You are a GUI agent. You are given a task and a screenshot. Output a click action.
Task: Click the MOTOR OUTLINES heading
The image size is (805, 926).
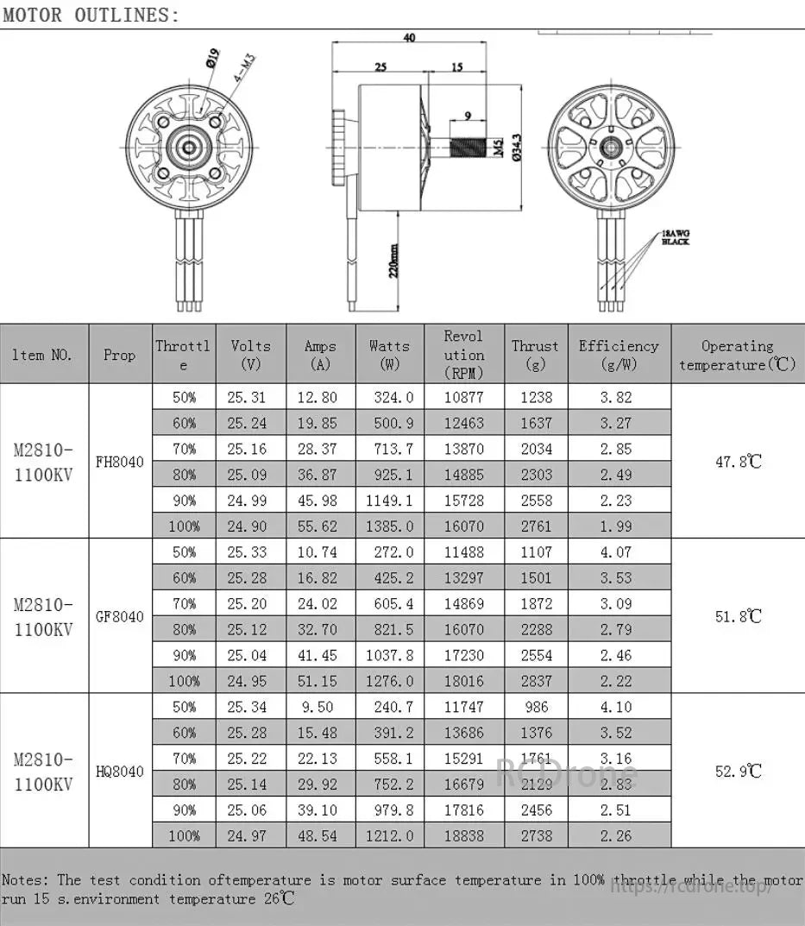pyautogui.click(x=91, y=15)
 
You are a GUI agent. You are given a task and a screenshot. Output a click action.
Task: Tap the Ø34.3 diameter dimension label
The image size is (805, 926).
pyautogui.click(x=515, y=148)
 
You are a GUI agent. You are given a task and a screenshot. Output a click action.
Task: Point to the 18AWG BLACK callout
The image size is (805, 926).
pyautogui.click(x=676, y=238)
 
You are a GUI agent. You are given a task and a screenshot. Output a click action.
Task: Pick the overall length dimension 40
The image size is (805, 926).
pyautogui.click(x=409, y=38)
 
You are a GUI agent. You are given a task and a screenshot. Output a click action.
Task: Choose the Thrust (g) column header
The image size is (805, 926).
pyautogui.click(x=535, y=354)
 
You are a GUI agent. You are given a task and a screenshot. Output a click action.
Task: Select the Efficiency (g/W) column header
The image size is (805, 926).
pyautogui.click(x=619, y=354)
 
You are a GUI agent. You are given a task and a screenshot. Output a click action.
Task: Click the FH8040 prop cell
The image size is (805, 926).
pyautogui.click(x=120, y=462)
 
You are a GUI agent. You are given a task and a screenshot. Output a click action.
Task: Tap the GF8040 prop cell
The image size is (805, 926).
pyautogui.click(x=120, y=616)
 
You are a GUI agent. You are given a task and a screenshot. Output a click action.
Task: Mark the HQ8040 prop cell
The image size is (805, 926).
pyautogui.click(x=120, y=772)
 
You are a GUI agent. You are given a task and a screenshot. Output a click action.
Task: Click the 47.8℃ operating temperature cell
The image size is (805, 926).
pyautogui.click(x=739, y=462)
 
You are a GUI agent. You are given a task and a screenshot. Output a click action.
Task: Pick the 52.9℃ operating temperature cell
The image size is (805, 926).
pyautogui.click(x=739, y=772)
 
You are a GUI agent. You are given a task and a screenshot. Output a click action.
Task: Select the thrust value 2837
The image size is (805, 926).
pyautogui.click(x=535, y=681)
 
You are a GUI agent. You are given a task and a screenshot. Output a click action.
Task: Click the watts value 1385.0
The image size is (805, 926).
pyautogui.click(x=389, y=526)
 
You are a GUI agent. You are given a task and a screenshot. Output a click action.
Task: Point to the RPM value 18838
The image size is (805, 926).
pyautogui.click(x=463, y=835)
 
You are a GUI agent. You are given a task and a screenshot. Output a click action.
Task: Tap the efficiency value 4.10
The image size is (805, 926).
pyautogui.click(x=619, y=707)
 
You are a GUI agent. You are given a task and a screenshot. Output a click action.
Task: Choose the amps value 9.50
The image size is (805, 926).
pyautogui.click(x=320, y=707)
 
